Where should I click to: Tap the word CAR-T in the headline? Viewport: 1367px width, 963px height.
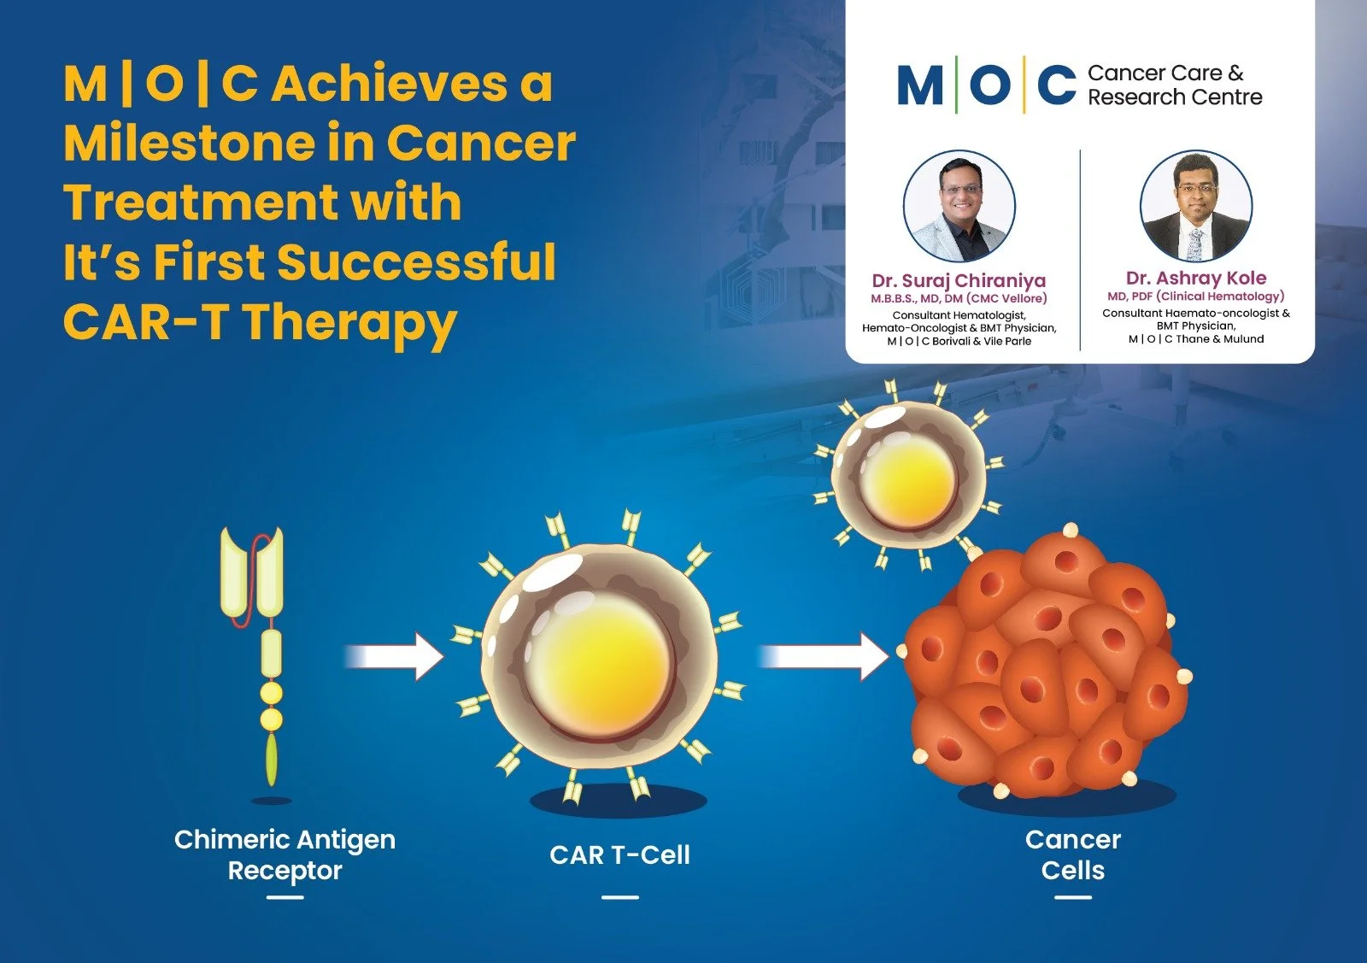point(146,322)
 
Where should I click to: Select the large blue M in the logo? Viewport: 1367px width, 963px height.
point(920,85)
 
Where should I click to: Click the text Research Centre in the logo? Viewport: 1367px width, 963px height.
point(1174,97)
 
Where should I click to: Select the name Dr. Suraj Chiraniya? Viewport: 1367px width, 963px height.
point(959,280)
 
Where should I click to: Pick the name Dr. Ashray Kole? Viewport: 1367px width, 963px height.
point(1195,278)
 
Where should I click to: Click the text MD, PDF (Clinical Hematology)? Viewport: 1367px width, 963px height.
point(1195,296)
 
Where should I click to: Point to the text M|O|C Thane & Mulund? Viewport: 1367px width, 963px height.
point(1195,339)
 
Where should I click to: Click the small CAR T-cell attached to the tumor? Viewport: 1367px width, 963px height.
point(907,475)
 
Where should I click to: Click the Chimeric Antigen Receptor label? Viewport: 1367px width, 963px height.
point(285,854)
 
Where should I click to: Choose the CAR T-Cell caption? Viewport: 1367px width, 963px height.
point(619,855)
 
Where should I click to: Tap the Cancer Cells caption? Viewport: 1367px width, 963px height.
point(1072,854)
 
